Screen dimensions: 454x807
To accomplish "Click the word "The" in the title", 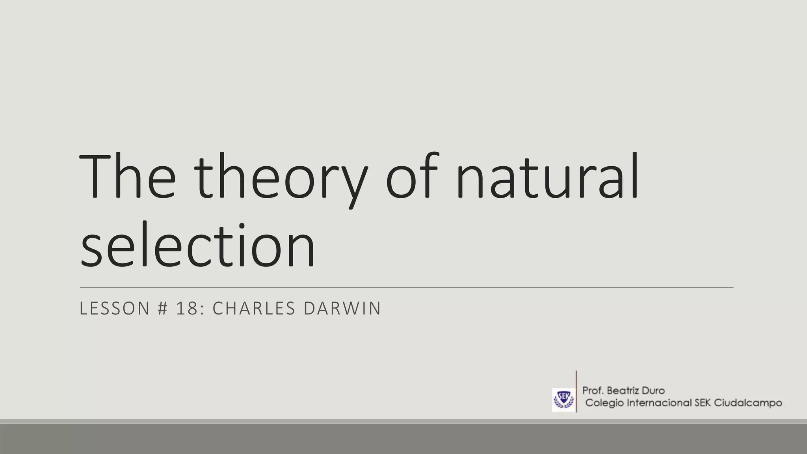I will click(x=127, y=177).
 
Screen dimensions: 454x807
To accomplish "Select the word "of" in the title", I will click(x=412, y=177).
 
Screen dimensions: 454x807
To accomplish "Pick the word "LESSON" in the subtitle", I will click(x=115, y=308).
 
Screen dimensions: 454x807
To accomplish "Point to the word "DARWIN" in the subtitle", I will click(x=342, y=308).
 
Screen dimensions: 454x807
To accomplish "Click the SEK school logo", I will click(x=563, y=400).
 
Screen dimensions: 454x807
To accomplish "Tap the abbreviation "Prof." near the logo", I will click(x=593, y=391).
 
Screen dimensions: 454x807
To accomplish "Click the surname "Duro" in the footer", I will click(x=653, y=391).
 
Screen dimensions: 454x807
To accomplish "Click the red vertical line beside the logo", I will click(x=576, y=393).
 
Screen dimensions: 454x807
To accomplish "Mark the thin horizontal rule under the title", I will click(x=406, y=288).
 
